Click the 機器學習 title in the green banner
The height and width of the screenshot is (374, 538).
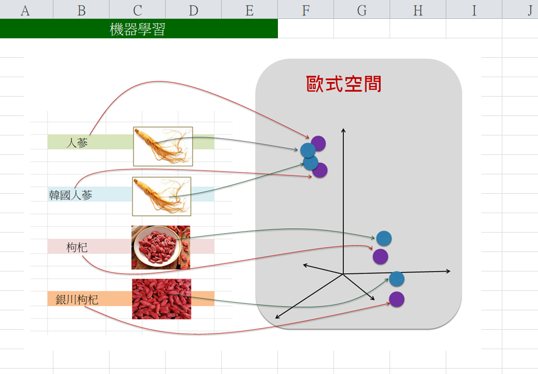[137, 29]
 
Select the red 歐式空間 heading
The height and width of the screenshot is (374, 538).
[344, 84]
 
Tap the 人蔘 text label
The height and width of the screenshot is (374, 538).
[77, 142]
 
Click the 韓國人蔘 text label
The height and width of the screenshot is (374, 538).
[71, 195]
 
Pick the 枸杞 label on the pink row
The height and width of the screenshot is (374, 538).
[77, 247]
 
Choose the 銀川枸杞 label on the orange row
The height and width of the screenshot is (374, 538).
[77, 300]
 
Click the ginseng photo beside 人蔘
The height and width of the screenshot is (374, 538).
[163, 146]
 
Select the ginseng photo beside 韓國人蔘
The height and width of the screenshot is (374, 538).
[162, 196]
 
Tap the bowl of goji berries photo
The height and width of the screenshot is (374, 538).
[161, 247]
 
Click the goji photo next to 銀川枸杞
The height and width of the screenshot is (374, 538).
[161, 298]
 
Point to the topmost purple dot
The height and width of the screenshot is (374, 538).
[318, 143]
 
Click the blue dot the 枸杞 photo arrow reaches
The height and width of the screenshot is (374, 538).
[384, 237]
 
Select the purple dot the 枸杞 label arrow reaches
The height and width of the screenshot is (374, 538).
[380, 256]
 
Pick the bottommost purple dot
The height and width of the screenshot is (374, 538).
[397, 298]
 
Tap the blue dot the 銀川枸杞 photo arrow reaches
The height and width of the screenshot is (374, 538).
[397, 278]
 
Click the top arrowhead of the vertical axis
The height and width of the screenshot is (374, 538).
[343, 130]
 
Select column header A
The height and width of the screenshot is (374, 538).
[25, 10]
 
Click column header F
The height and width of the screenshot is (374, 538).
[305, 10]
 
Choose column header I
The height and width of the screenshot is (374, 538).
[474, 10]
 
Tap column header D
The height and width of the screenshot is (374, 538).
[193, 10]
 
